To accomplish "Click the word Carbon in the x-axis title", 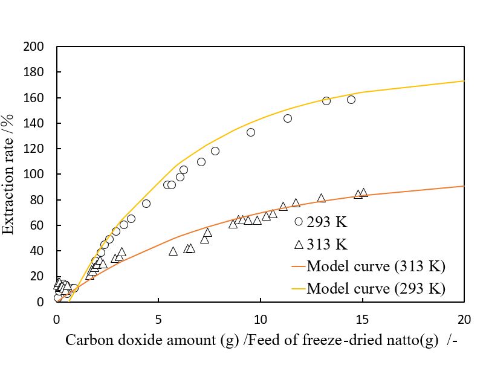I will pos(85,340).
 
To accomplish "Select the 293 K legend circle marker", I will pos(298,222).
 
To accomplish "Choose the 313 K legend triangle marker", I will pos(298,243).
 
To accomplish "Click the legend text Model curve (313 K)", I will pos(376,266).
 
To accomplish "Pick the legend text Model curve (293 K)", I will pos(376,288).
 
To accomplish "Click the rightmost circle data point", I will pos(351,100).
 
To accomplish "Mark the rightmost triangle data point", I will pos(363,193).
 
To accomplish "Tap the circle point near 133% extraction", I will pos(251,132).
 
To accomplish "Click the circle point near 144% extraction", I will pos(288,118).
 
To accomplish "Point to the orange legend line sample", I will pos(298,266).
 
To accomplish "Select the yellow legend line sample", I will pos(298,289).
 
